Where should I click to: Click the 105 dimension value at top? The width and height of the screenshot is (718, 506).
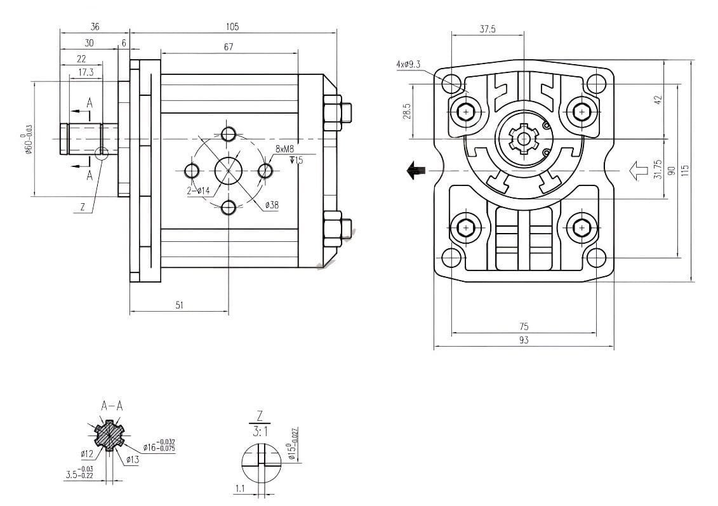pos(232,27)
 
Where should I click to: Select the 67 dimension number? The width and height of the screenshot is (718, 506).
pos(229,47)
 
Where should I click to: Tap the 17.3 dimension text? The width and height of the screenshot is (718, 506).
pos(86,72)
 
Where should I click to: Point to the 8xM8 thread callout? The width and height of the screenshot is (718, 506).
pos(284,149)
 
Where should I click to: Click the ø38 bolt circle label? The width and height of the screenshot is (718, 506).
pos(272,205)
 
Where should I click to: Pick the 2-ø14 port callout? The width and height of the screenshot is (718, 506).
pos(198,190)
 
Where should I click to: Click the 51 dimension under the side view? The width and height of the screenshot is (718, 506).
pos(179,305)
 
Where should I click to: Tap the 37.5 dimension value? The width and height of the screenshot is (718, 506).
pos(488,29)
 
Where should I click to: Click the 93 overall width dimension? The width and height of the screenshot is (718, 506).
pos(524,340)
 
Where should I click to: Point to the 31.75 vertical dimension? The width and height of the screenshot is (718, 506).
pos(658,169)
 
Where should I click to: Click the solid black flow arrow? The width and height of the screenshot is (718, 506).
pos(416,170)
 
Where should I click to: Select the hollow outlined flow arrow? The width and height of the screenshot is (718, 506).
pos(637,170)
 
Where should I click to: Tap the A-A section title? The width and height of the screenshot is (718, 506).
pos(112,405)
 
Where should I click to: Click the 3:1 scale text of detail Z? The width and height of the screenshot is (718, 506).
pos(260,432)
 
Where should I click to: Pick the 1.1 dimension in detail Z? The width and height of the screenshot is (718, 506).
pos(239,489)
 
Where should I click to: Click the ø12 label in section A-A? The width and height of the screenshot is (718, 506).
pos(87,453)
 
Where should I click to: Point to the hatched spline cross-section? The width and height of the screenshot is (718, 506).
pos(109,436)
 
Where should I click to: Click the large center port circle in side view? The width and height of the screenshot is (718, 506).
pos(229,170)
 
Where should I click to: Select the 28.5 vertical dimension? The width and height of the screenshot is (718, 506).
pos(407,111)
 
